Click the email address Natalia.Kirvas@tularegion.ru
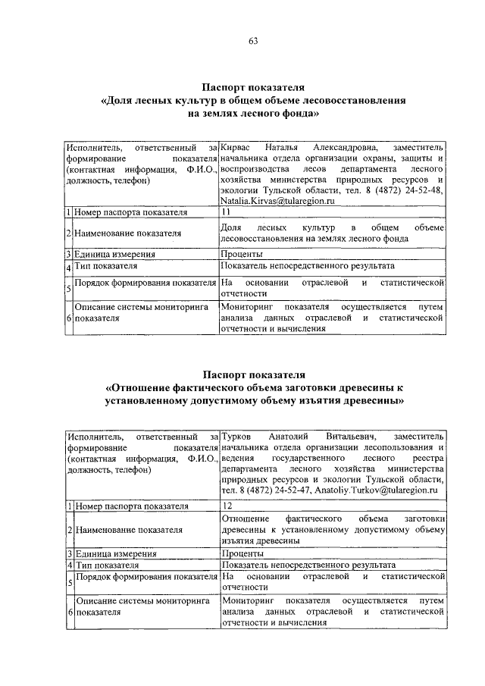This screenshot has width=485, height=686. tap(280, 202)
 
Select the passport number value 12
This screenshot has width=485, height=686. tap(227, 504)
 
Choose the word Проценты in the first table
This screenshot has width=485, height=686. tap(242, 254)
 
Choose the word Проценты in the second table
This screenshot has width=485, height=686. tap(242, 554)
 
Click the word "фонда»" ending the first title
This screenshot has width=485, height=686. tap(304, 113)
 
